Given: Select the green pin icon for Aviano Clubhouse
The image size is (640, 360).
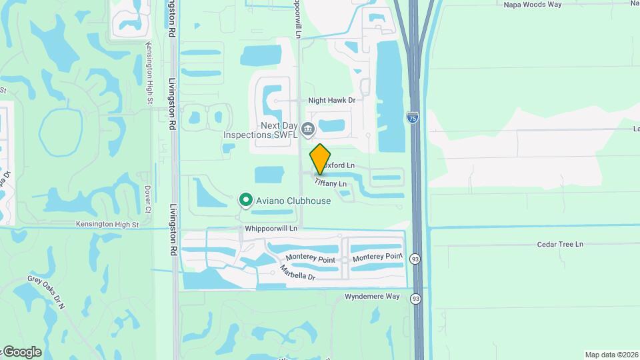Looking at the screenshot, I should [x=246, y=199].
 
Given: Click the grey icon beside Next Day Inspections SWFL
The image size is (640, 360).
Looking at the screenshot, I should [x=308, y=127].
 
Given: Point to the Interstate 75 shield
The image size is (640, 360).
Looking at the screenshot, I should [x=413, y=117].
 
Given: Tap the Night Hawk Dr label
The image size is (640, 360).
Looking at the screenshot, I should [x=331, y=100].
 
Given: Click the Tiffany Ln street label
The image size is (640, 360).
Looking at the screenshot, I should [x=331, y=183].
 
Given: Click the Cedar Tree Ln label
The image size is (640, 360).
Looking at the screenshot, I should [x=560, y=245].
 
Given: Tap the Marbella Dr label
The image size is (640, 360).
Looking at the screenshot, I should [x=297, y=272].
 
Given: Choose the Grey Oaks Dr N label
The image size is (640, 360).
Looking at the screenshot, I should [x=46, y=293].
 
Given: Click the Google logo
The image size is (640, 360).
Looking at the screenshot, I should [x=21, y=351].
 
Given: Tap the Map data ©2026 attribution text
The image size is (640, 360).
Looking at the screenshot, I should [x=611, y=355].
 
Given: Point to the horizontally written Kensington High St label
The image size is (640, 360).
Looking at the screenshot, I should [x=107, y=225].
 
